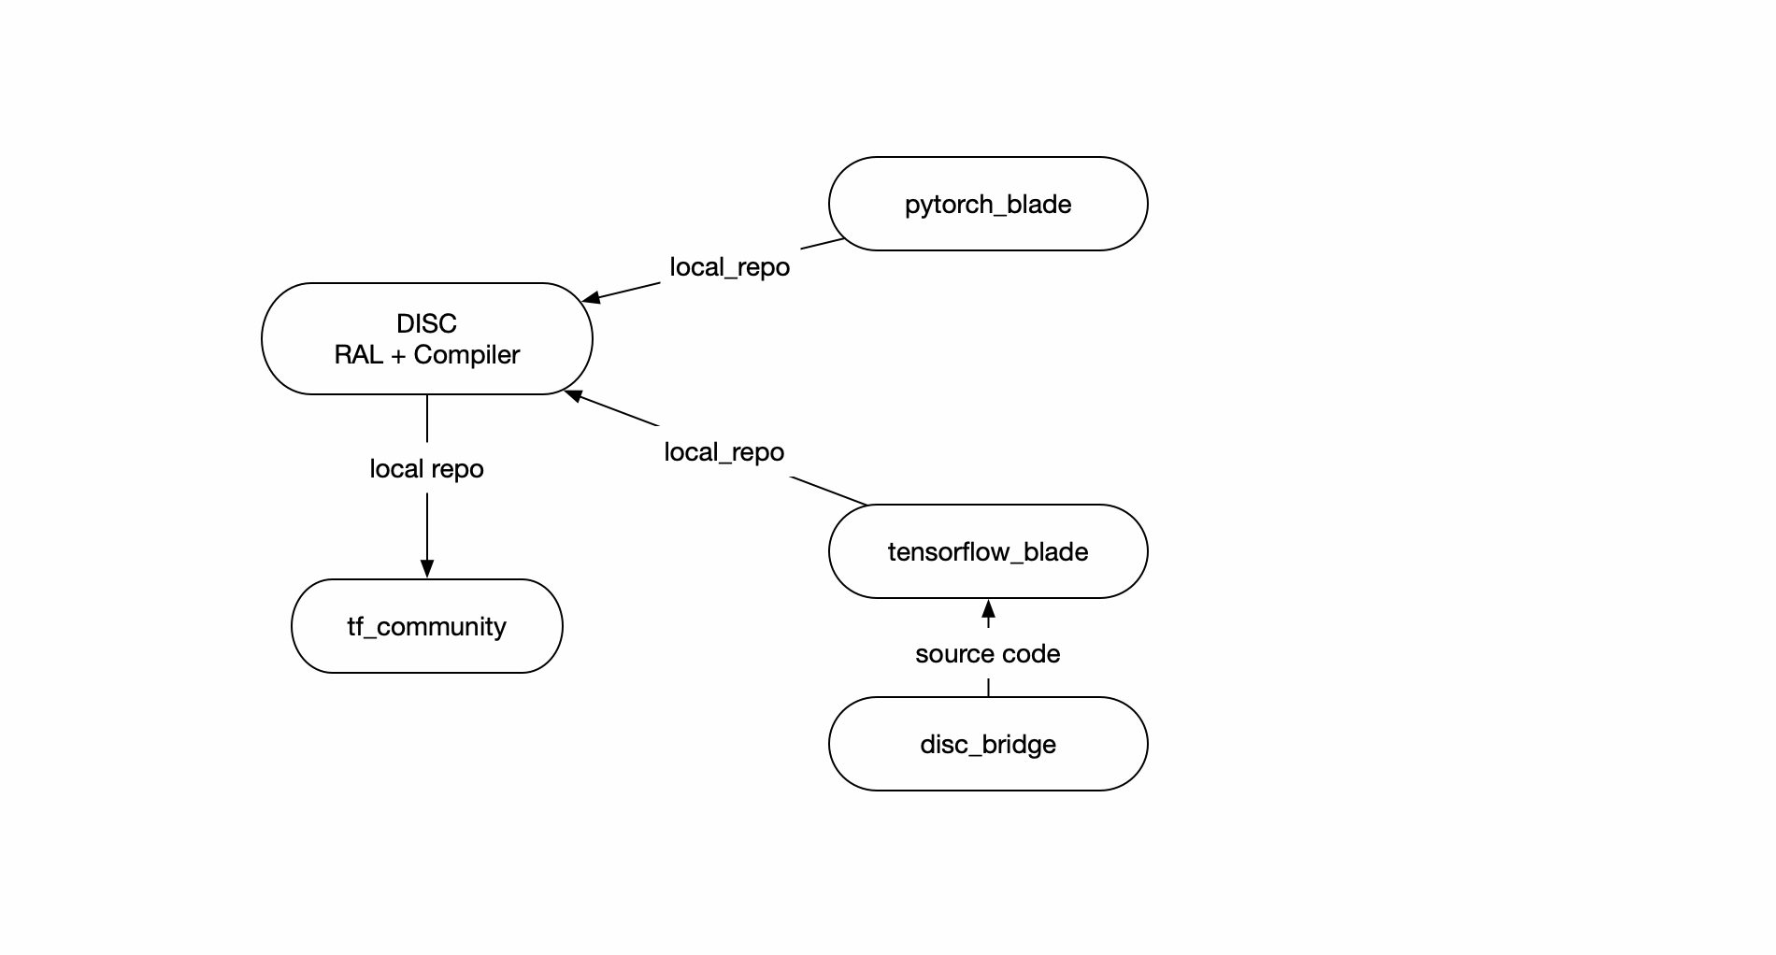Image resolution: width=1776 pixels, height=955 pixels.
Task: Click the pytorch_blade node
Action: [x=987, y=204]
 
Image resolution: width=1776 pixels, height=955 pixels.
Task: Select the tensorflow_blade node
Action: [x=987, y=551]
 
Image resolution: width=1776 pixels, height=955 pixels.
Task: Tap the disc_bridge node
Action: [x=987, y=744]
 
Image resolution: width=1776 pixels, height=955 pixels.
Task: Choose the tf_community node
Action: [x=426, y=626]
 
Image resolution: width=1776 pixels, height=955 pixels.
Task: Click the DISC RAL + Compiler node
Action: [x=426, y=338]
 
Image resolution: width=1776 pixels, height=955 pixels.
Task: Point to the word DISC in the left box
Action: [x=426, y=323]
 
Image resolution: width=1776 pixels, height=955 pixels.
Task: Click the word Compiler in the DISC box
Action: [x=466, y=355]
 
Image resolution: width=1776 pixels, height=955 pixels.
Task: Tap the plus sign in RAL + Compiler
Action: [x=398, y=356]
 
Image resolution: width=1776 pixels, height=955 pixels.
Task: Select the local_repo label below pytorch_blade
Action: [x=729, y=267]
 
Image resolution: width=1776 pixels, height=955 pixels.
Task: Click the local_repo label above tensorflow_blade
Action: [x=723, y=452]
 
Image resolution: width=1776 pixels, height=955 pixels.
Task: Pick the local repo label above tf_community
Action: [x=426, y=469]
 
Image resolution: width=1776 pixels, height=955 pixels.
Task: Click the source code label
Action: [x=987, y=654]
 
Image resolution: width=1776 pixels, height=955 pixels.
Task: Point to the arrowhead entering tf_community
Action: [x=427, y=569]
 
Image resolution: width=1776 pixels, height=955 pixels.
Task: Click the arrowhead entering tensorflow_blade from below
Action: [x=988, y=609]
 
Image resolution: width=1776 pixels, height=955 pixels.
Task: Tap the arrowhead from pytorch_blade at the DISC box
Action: [x=592, y=298]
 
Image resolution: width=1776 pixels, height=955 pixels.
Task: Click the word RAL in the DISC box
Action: [x=359, y=355]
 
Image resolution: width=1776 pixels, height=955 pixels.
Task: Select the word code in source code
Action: [x=1031, y=654]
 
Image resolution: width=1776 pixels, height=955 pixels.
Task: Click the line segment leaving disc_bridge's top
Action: [x=988, y=688]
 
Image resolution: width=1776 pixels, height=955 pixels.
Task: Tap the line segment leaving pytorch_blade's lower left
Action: [x=823, y=244]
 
